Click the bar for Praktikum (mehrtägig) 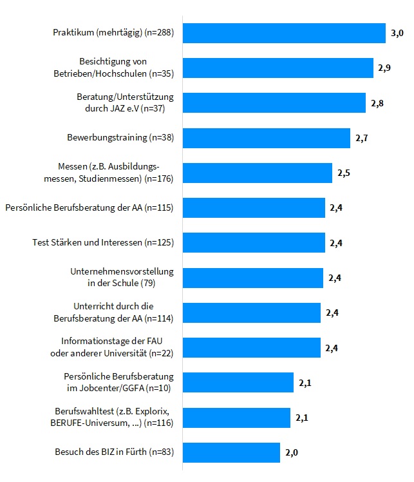pyautogui.click(x=284, y=33)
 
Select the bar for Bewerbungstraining pyautogui.click(x=267, y=138)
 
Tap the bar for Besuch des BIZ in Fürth pyautogui.click(x=231, y=452)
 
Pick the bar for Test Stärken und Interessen pyautogui.click(x=254, y=243)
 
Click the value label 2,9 pyautogui.click(x=385, y=68)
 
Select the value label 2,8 pyautogui.click(x=377, y=103)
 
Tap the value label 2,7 pyautogui.click(x=361, y=138)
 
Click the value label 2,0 pyautogui.click(x=291, y=453)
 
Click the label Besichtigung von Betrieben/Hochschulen pyautogui.click(x=113, y=68)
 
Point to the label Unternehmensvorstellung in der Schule pyautogui.click(x=122, y=277)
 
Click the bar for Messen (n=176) pyautogui.click(x=258, y=173)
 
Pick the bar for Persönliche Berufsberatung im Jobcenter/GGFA pyautogui.click(x=238, y=383)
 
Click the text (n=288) pyautogui.click(x=159, y=33)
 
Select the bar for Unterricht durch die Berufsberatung pyautogui.click(x=252, y=313)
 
